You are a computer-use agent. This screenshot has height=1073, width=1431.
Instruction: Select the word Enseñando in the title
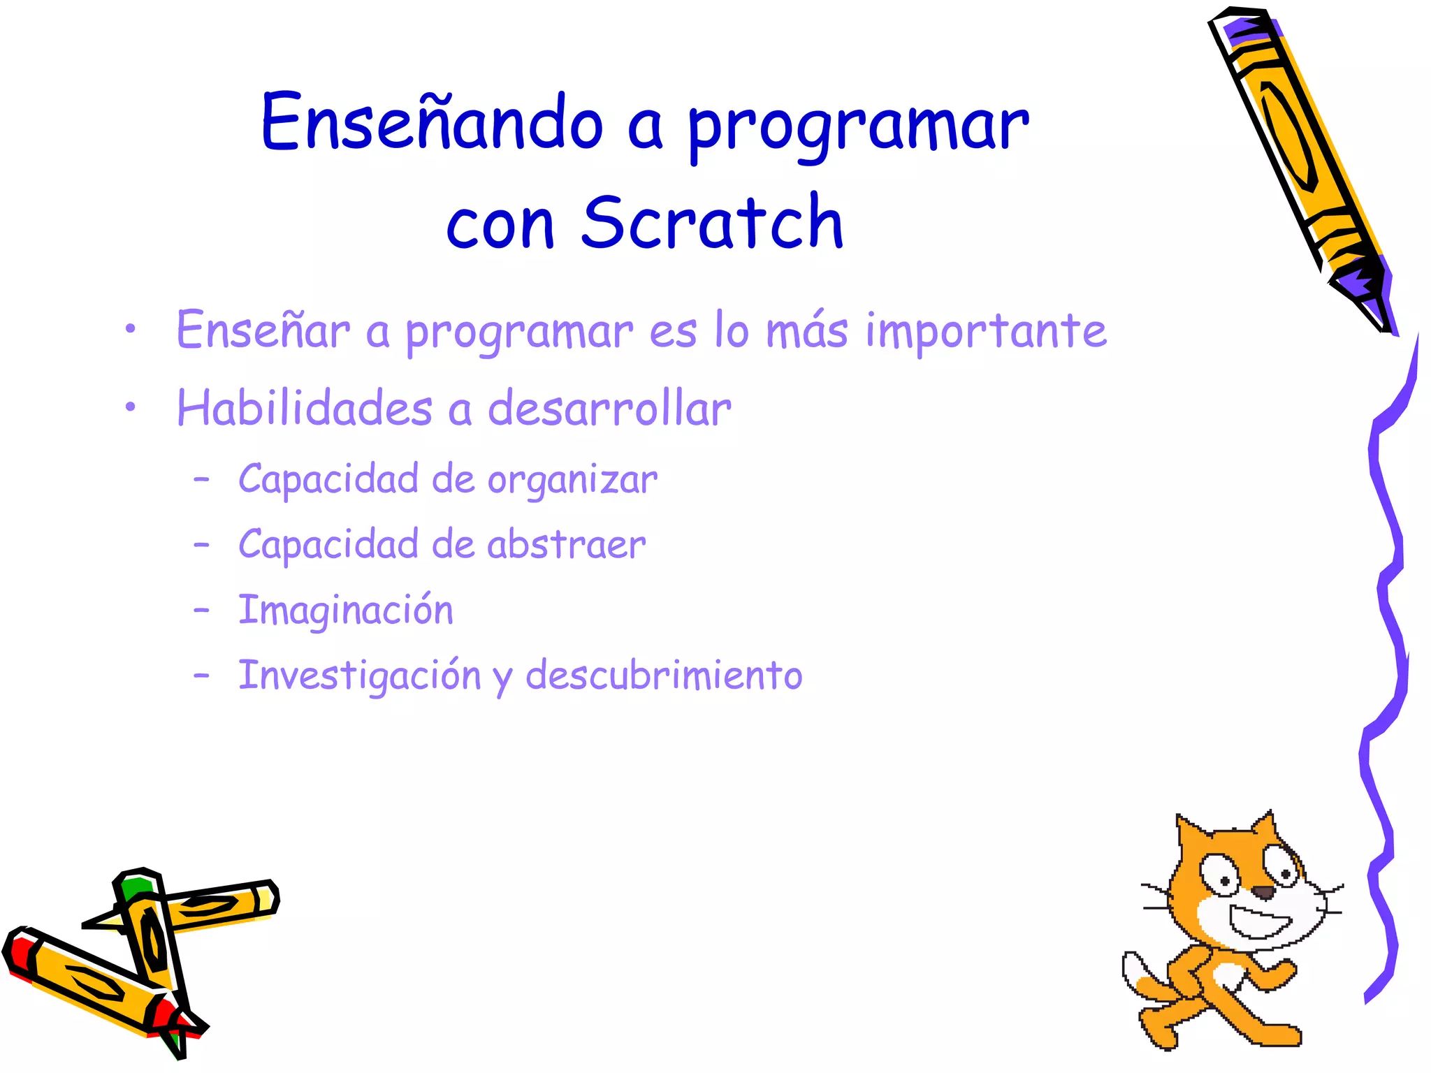click(x=432, y=123)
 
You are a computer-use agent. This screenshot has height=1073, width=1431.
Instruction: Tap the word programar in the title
click(x=858, y=126)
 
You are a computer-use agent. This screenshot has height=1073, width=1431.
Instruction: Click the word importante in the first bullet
click(x=986, y=331)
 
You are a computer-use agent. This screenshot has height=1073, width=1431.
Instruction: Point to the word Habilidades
click(x=305, y=408)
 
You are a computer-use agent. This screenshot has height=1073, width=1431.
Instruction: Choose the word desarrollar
click(x=609, y=408)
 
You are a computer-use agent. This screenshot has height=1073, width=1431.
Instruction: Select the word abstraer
click(x=566, y=544)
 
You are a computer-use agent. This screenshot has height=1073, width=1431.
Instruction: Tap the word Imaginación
click(x=346, y=610)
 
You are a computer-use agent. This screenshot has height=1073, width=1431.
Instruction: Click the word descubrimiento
click(x=664, y=676)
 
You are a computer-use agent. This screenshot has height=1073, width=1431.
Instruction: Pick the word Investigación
click(x=360, y=676)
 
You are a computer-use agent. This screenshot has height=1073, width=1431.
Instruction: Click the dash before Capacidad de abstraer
click(x=201, y=544)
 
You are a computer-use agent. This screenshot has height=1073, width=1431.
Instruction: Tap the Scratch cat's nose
click(x=1263, y=892)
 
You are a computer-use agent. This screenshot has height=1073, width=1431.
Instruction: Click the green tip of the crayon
click(x=134, y=887)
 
